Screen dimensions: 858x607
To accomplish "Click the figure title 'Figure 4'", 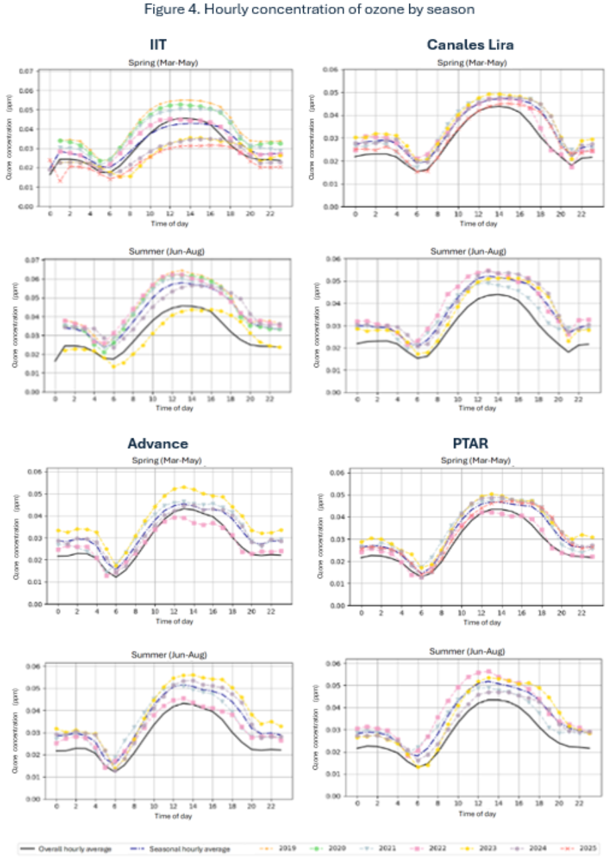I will click(302, 11).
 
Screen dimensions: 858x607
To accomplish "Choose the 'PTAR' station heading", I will click(465, 443).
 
